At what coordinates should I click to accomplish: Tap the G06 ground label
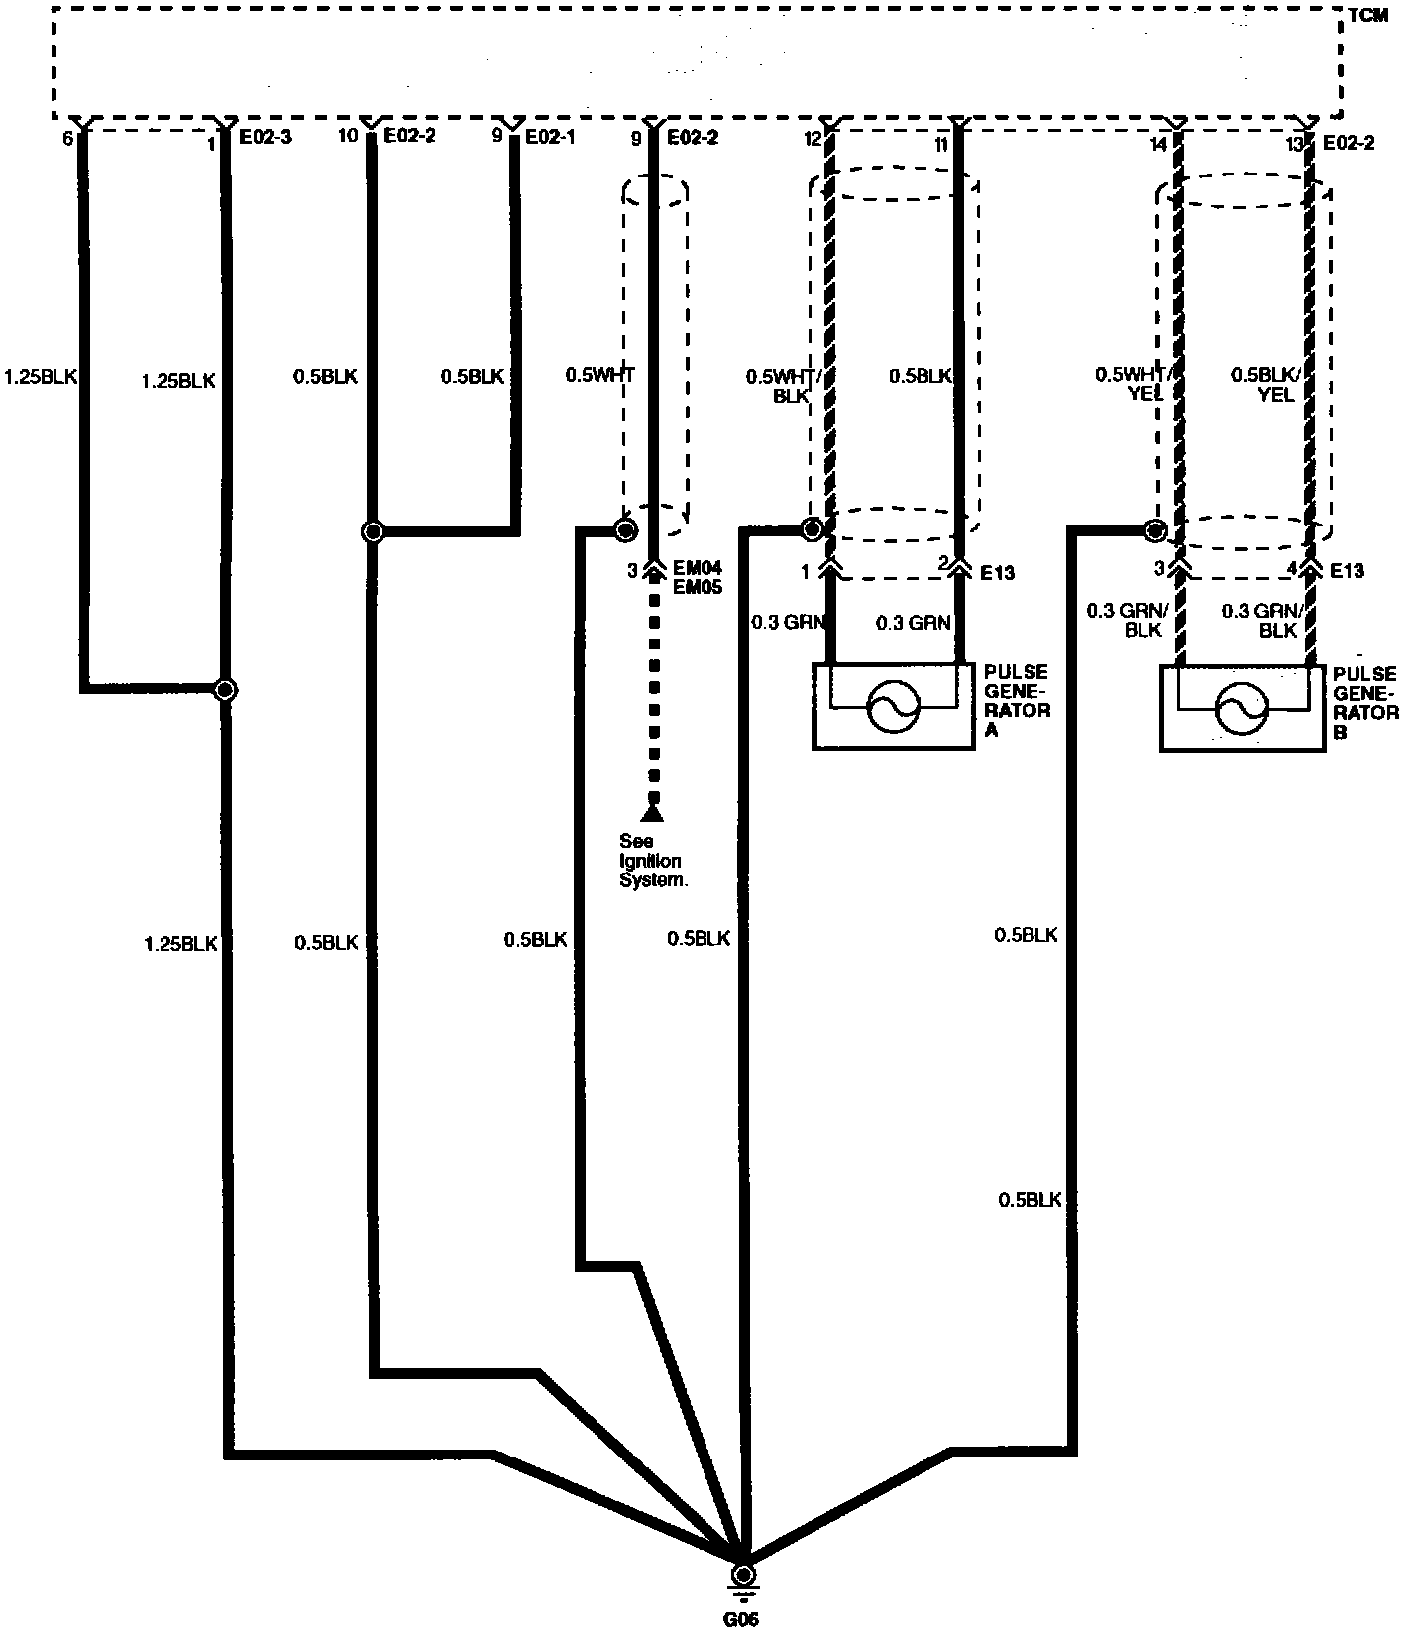coord(741,1619)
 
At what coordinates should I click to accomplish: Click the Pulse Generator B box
coord(1242,708)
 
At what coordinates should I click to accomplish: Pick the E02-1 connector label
coord(550,138)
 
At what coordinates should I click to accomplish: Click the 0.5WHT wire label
coord(599,375)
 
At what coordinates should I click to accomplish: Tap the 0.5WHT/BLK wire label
coord(779,385)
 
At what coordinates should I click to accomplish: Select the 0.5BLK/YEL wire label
coord(1264,385)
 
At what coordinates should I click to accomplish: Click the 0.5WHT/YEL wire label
coord(1133,385)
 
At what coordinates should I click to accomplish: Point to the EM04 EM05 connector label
coord(698,578)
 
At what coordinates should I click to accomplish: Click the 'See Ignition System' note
coord(652,861)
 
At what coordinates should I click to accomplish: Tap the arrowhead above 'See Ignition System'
coord(651,814)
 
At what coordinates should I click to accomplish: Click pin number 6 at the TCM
coord(67,139)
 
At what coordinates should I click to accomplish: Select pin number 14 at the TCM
coord(1158,142)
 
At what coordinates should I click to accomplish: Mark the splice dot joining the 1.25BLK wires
coord(226,689)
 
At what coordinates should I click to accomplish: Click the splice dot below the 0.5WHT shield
coord(625,530)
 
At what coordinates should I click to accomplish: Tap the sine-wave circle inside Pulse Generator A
coord(894,706)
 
